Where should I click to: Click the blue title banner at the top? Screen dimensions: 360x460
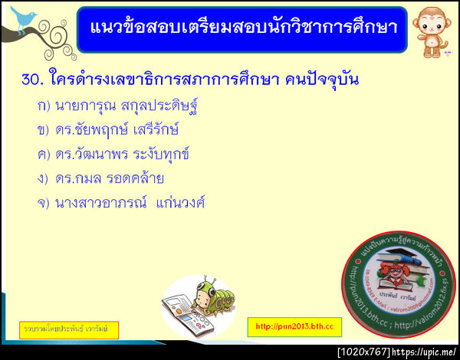click(242, 28)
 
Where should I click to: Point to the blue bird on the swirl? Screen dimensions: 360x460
click(23, 15)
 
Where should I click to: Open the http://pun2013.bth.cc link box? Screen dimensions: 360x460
click(294, 327)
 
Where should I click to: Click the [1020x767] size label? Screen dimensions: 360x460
click(363, 352)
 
